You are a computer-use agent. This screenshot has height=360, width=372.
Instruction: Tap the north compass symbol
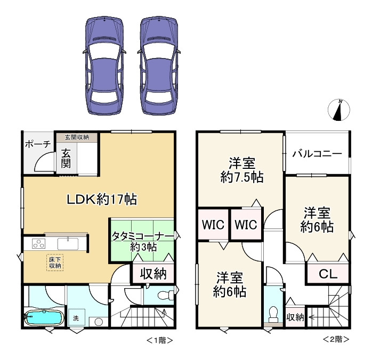point(338,109)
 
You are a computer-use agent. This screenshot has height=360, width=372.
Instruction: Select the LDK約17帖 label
point(101,200)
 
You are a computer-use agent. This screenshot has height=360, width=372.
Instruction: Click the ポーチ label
point(37,144)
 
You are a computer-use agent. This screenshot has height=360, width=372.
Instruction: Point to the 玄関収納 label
point(77,137)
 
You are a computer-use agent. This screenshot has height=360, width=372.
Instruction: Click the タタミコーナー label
point(142,241)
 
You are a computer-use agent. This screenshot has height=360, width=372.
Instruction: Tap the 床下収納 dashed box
point(55,261)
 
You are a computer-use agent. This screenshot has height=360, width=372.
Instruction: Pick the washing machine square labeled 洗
point(76,318)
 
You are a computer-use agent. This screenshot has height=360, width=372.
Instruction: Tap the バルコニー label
point(317,154)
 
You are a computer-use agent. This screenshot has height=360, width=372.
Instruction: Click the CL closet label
point(328,275)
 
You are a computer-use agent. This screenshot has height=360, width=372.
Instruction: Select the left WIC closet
point(213,225)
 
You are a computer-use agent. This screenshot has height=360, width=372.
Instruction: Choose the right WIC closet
point(246,225)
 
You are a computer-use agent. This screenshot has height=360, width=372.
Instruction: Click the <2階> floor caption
point(336,339)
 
